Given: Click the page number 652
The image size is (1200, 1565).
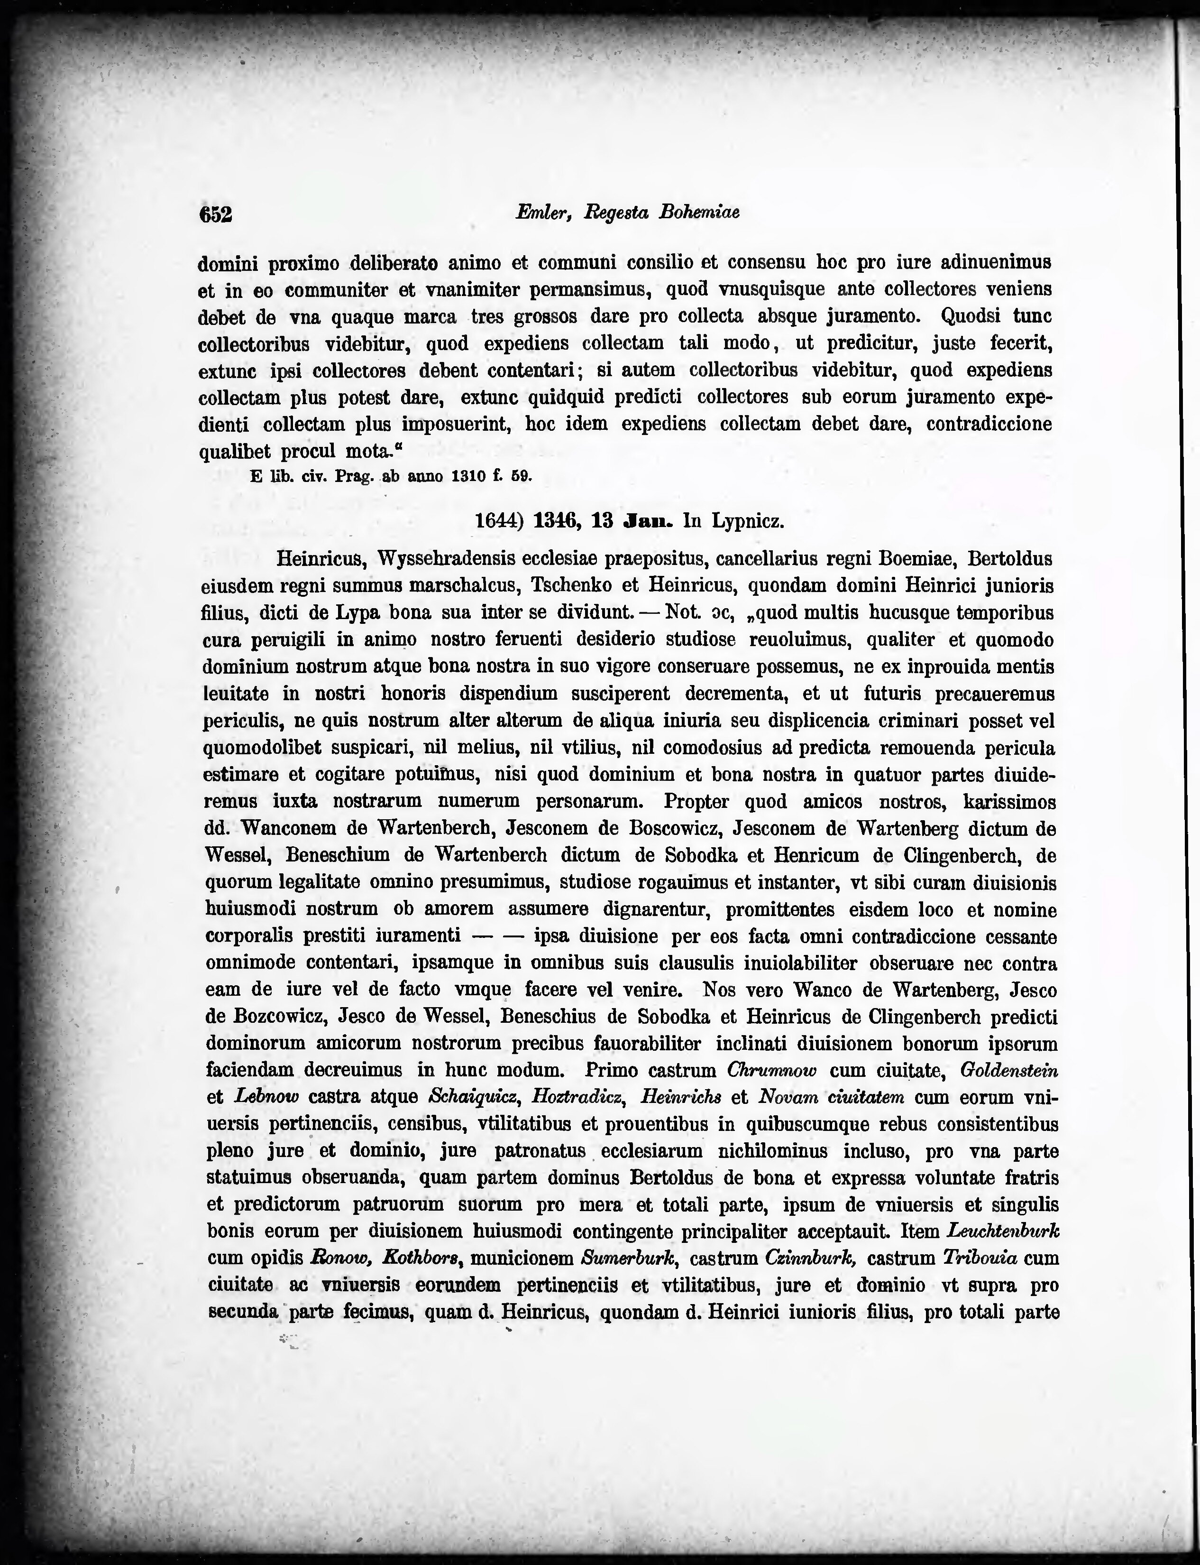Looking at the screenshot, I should click(x=216, y=213).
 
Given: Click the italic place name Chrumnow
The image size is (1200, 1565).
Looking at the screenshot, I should click(x=771, y=1070).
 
